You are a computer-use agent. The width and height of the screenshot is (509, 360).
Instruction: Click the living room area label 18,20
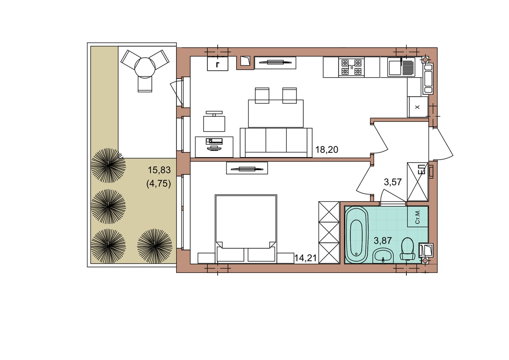(x=327, y=149)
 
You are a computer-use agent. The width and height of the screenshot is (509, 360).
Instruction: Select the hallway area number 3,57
(x=393, y=182)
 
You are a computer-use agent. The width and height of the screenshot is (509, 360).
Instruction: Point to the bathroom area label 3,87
(x=383, y=240)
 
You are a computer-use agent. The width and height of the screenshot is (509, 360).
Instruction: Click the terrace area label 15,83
(x=159, y=170)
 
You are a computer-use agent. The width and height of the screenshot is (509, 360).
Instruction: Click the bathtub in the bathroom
(x=356, y=235)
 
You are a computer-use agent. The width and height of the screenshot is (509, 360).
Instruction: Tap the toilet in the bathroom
(x=408, y=249)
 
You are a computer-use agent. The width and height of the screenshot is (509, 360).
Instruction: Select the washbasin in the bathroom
(x=383, y=256)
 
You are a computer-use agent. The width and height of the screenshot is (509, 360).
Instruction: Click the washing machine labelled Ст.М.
(x=418, y=217)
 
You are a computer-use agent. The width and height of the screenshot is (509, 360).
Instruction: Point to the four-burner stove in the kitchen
(x=352, y=67)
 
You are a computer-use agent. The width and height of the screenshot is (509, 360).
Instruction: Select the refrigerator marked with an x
(x=418, y=107)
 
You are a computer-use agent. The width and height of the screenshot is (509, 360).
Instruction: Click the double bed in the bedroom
(x=246, y=228)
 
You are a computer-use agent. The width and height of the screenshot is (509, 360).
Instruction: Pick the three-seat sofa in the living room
(x=276, y=143)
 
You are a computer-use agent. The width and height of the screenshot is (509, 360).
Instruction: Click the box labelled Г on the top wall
(x=218, y=64)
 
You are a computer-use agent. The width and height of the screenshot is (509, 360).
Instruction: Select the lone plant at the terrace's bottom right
(x=154, y=246)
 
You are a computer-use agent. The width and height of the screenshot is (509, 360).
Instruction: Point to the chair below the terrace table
(x=145, y=84)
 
